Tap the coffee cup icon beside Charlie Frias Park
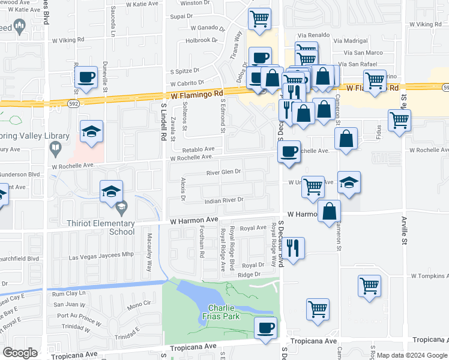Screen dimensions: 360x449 point(265,328)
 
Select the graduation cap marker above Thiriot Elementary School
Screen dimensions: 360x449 point(112,191)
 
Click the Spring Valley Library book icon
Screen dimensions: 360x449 point(55,147)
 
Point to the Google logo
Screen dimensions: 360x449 point(20,353)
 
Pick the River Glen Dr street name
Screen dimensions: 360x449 point(223,172)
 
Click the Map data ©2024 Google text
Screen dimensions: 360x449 point(412,355)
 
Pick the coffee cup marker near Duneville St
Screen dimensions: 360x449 point(86,77)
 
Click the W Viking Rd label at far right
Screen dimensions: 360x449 point(426,24)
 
